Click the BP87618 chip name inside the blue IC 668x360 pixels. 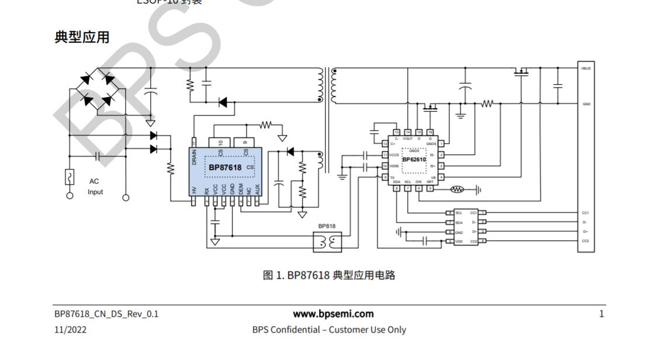[226, 168]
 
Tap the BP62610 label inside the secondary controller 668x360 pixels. [414, 159]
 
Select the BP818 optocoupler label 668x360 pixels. [327, 226]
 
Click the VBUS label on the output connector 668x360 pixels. [586, 68]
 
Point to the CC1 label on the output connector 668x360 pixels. [586, 213]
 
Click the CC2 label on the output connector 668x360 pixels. [586, 241]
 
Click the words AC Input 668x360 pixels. [95, 186]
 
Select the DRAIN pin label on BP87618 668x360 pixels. [194, 156]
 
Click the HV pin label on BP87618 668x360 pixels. [194, 190]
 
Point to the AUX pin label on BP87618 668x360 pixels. [258, 189]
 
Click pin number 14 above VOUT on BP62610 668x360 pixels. [408, 133]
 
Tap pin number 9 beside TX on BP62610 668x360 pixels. [386, 177]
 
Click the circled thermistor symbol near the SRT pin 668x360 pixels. [457, 189]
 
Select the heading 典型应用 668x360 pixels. [82, 37]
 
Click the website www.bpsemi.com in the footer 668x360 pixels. [333, 314]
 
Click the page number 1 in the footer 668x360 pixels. [601, 314]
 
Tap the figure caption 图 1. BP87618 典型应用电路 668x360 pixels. [329, 275]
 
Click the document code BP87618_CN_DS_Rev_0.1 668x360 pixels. [106, 314]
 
